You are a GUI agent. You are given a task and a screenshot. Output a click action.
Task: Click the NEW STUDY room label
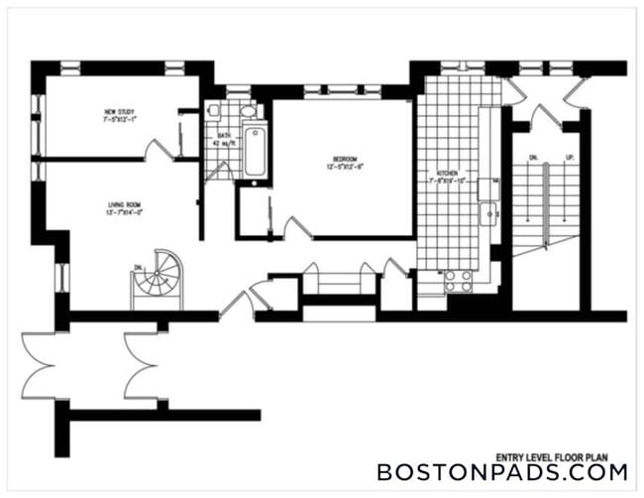click(119, 110)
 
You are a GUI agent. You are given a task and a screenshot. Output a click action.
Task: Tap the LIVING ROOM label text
click(126, 204)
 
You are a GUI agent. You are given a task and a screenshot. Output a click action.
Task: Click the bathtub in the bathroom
click(255, 152)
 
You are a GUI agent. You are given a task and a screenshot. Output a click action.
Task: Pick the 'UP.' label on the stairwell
click(569, 157)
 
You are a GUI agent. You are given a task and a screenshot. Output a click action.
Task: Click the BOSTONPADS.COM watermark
click(501, 472)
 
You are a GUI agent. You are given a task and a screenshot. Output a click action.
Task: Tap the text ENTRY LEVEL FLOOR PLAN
click(566, 446)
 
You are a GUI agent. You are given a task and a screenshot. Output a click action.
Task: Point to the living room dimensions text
click(126, 212)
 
